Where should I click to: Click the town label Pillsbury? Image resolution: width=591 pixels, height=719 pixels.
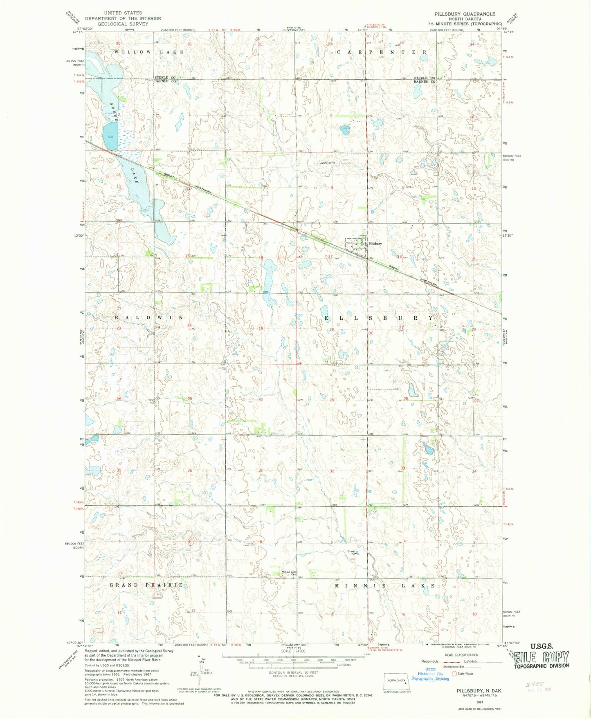tap(375, 244)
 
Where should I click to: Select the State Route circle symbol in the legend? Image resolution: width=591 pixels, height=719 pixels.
tap(454, 674)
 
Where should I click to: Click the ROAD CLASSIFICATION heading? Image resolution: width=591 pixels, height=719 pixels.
tap(461, 655)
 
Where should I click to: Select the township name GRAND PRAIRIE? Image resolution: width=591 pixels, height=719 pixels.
tap(146, 585)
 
